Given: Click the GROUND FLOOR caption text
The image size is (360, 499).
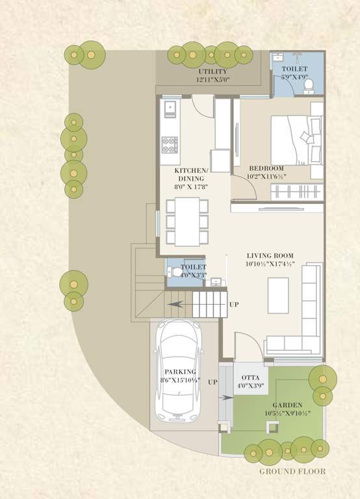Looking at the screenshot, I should coord(292,471).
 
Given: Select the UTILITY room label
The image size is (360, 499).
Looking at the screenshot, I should coord(212,71).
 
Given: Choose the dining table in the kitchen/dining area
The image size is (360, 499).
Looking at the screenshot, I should coord(187,221).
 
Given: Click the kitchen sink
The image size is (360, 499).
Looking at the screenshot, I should coord(170,108).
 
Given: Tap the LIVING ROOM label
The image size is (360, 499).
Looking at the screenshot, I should coord(270,255).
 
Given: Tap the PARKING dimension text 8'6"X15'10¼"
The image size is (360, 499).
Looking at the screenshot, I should coord(180,380).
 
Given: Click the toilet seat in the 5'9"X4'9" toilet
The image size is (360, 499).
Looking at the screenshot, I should coord(309,84).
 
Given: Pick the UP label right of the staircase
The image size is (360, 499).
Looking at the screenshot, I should coord(234,304).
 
